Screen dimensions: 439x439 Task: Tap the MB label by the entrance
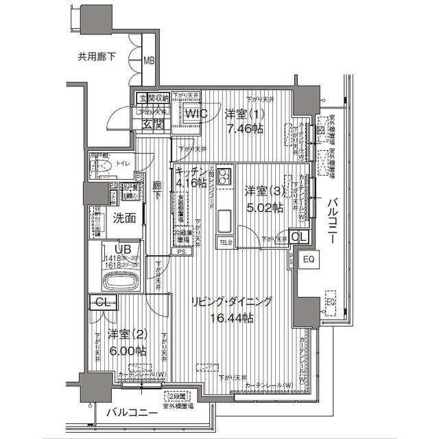tap(149, 61)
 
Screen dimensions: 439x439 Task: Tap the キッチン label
tap(191, 171)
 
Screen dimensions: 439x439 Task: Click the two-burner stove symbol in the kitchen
tap(226, 181)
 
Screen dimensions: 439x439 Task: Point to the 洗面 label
tap(124, 219)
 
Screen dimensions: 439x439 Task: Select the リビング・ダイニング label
tap(231, 302)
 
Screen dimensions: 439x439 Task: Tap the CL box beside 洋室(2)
tap(101, 302)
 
